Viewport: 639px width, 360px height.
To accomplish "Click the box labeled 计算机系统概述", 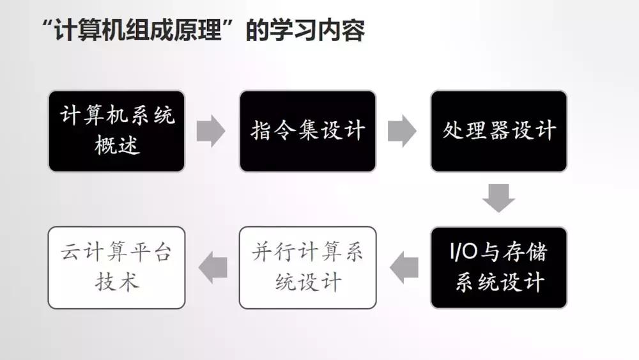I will coord(116,131).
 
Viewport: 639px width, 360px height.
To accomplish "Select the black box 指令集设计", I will coord(307,131).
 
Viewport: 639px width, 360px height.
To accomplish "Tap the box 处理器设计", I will coord(498,131).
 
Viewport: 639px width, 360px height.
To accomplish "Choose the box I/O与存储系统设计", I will coord(498,267).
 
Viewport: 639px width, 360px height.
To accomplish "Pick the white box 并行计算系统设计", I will coord(307,267).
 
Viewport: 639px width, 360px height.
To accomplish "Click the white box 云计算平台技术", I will coord(116,267).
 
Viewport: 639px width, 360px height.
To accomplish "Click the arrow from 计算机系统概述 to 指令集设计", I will coord(211,131).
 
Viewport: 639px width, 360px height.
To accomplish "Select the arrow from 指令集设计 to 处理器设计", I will coord(402,131).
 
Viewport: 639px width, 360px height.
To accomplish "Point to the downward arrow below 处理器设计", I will coord(498,198).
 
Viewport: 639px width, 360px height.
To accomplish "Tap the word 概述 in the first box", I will coord(116,146).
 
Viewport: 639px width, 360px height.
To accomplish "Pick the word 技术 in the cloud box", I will coord(116,282).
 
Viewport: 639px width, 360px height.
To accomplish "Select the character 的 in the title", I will coord(258,30).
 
